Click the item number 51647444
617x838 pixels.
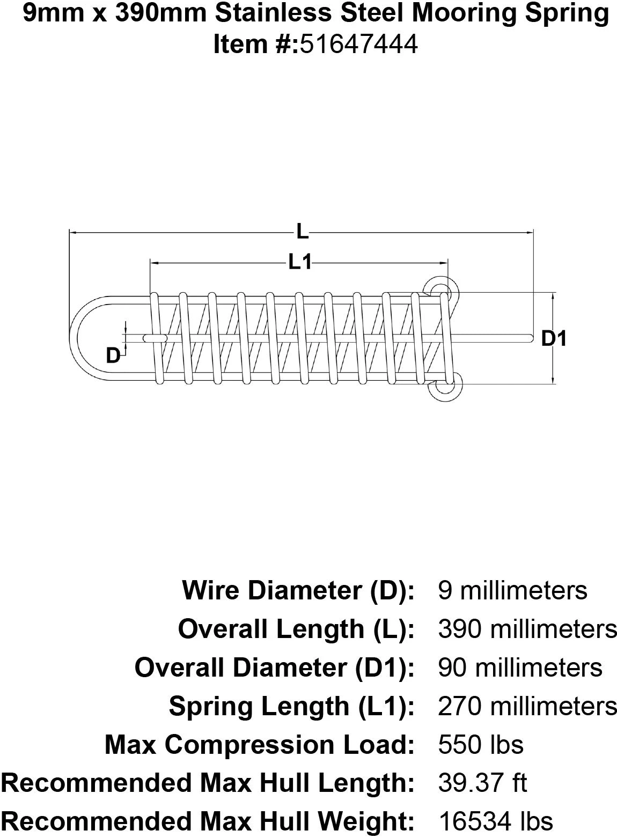pos(358,44)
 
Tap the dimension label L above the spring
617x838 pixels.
pos(303,232)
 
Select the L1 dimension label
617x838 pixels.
pos(300,262)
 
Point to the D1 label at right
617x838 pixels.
pos(554,338)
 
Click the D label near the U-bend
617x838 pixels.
pos(113,355)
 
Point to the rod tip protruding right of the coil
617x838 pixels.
pos(528,338)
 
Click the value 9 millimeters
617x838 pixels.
pos(512,590)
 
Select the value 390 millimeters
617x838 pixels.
pos(527,629)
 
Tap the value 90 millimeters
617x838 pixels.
pos(520,668)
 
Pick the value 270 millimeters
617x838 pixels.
pos(527,706)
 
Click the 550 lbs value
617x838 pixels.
pos(480,745)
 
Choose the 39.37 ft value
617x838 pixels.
pos(482,783)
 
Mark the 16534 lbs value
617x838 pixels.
pos(495,821)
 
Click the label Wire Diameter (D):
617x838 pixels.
pos(298,590)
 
